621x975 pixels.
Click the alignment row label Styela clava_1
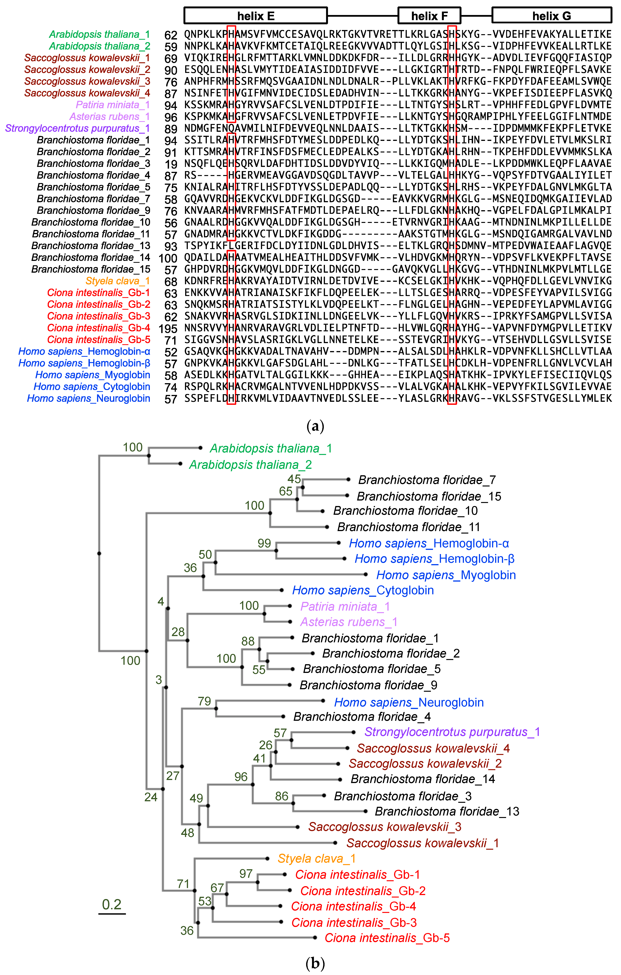coord(118,281)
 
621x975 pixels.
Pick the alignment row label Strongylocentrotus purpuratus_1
coord(77,128)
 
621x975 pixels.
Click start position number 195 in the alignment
coord(168,328)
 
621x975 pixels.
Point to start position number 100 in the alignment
coord(168,258)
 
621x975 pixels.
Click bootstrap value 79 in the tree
coord(204,701)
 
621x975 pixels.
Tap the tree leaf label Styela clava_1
coord(316,858)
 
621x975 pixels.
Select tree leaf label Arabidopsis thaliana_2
coord(250,464)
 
